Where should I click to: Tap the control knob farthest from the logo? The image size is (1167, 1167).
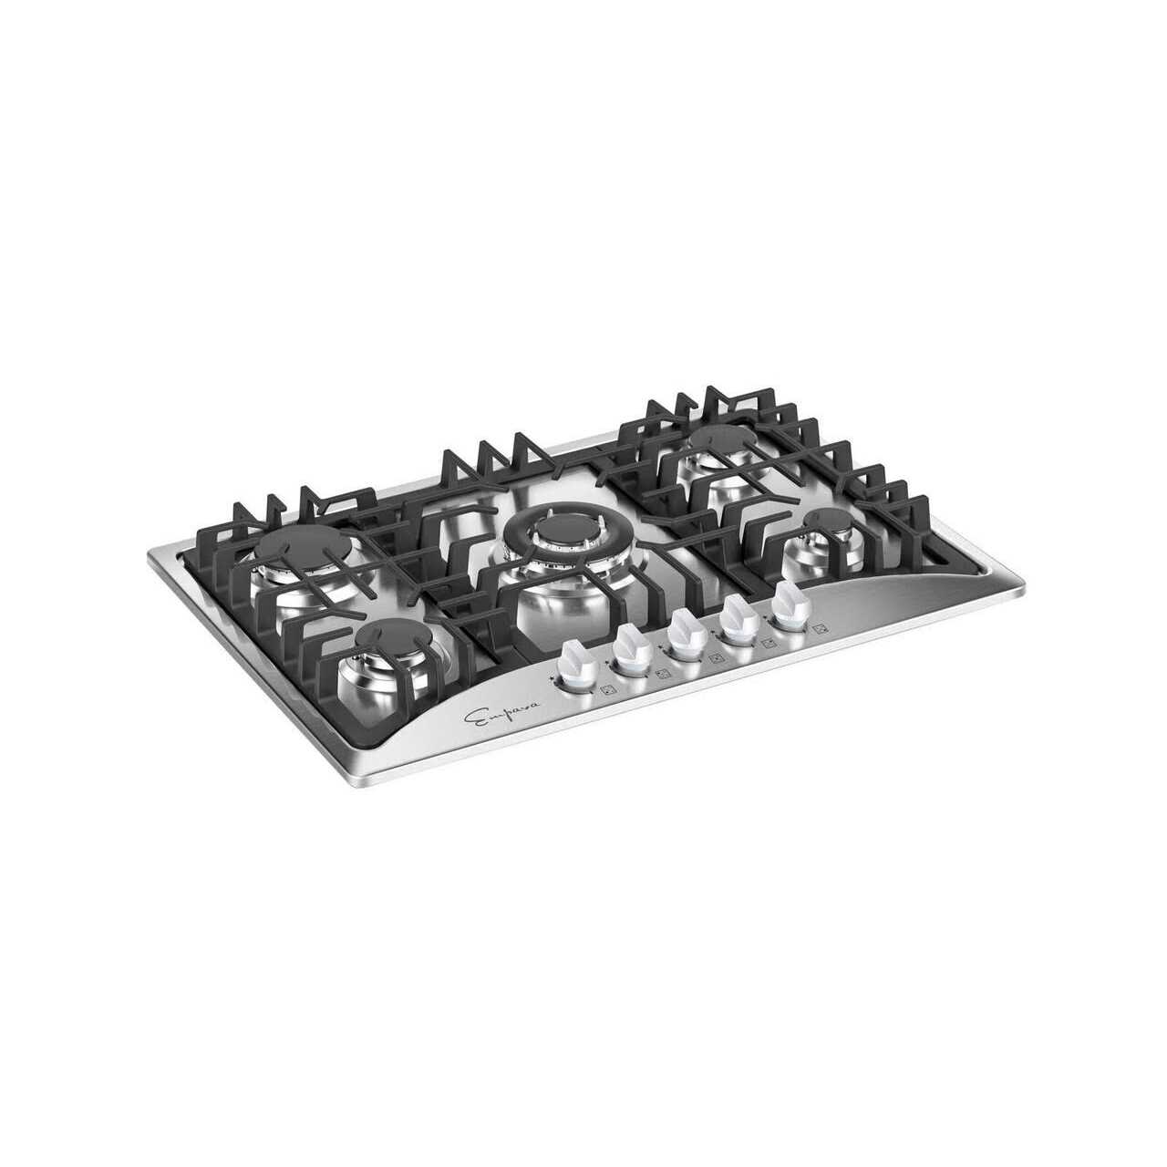click(788, 604)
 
